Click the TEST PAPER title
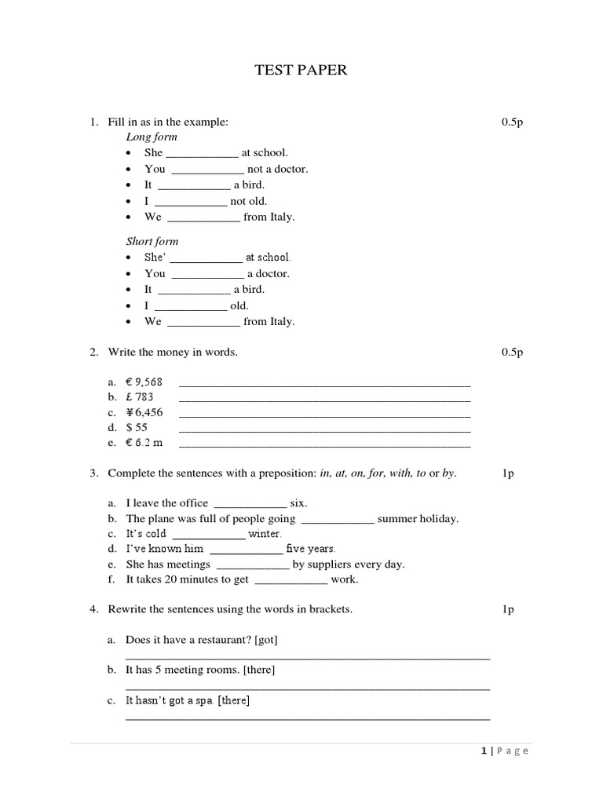(301, 71)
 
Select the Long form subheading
(152, 137)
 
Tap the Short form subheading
(152, 241)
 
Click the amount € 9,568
(144, 382)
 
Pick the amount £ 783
(140, 397)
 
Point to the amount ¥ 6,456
(144, 412)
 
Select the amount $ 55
(137, 428)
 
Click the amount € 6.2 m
(144, 443)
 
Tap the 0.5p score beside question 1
(512, 122)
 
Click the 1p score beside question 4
(508, 609)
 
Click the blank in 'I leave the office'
(250, 504)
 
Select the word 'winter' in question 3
(265, 534)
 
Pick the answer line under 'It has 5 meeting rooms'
(308, 688)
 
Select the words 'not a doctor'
(278, 169)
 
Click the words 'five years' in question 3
(311, 549)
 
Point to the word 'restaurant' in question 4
(221, 640)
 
